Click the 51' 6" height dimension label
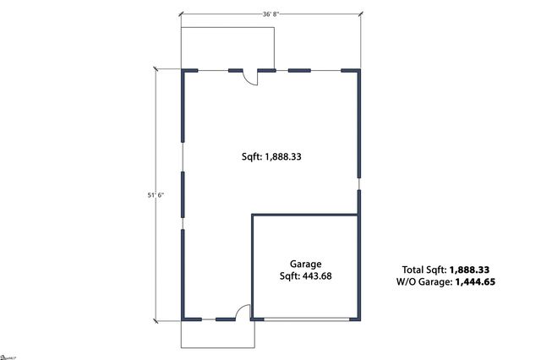coord(156,195)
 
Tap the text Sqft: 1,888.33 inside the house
coord(270,155)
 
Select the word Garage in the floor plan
coord(305,264)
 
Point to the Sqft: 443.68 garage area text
coord(305,275)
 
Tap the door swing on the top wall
coord(250,78)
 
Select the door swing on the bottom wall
coord(242,312)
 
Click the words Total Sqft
coord(424,269)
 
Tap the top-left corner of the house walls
coord(183,71)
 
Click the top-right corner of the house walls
coord(358,71)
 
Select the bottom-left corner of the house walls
coord(183,319)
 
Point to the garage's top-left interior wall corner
coord(253,215)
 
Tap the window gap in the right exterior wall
coord(358,182)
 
